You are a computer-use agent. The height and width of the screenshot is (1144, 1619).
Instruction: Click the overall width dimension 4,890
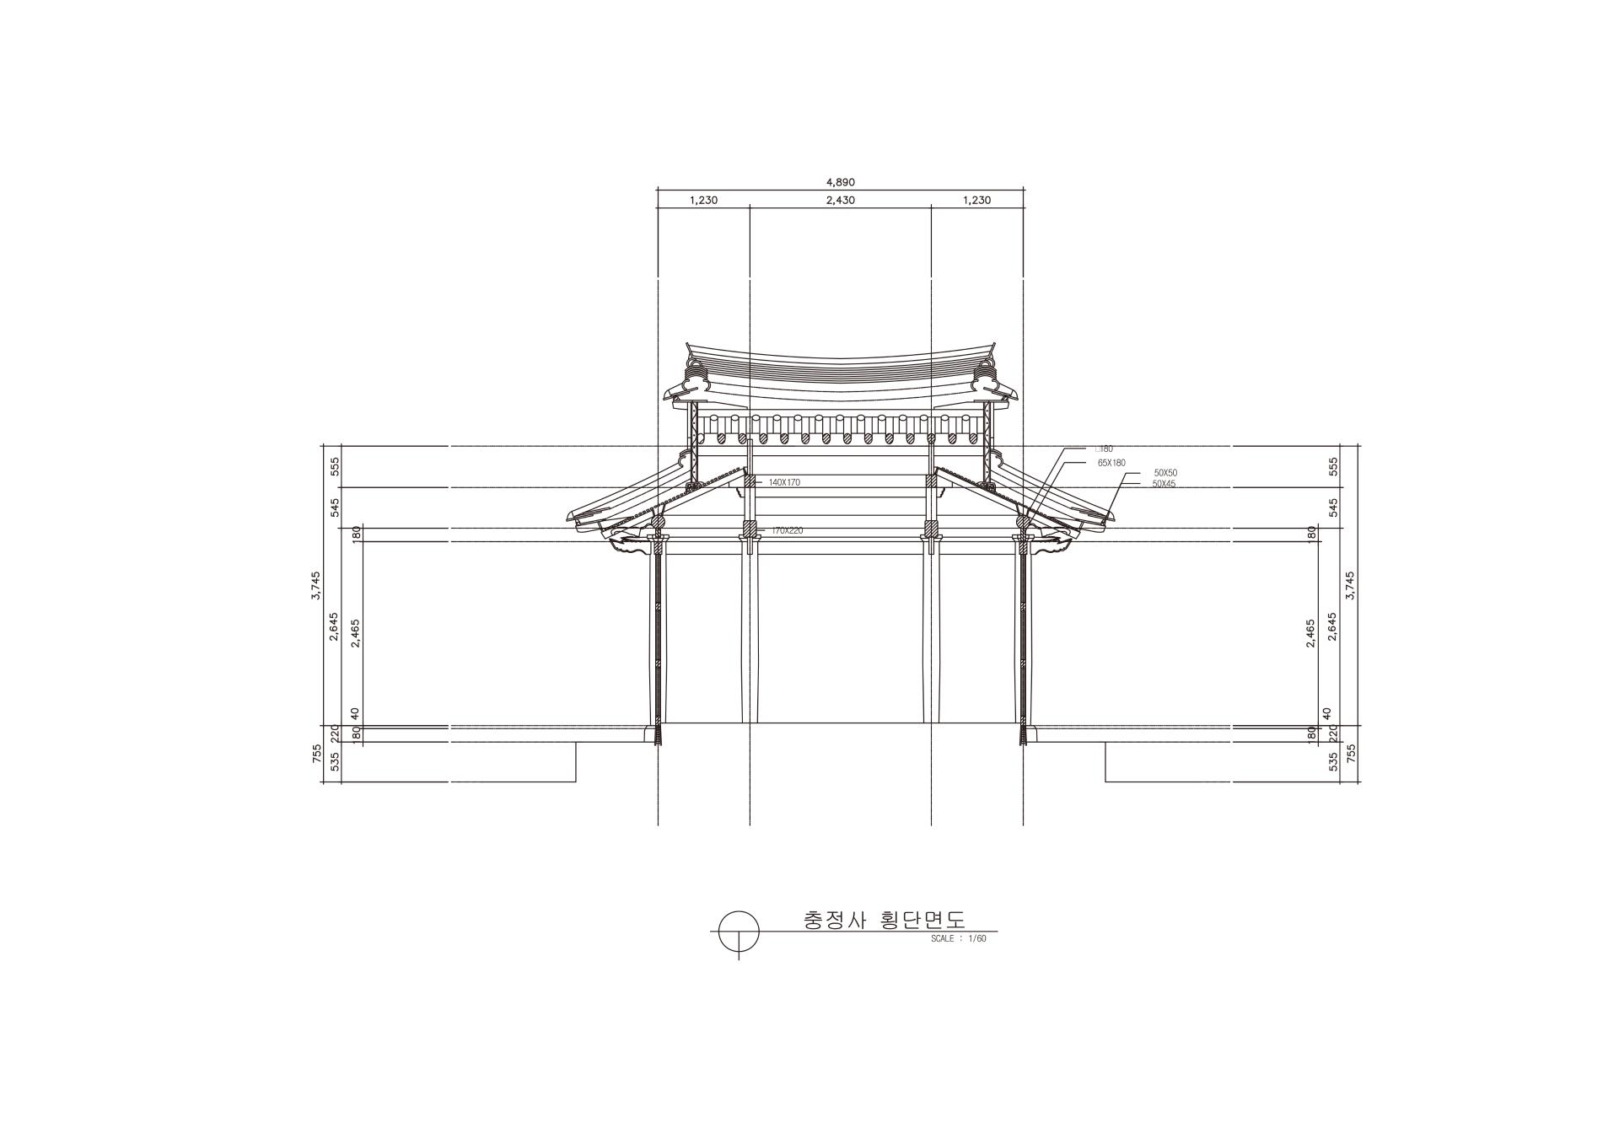840,182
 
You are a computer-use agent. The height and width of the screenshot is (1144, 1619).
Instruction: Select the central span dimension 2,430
840,201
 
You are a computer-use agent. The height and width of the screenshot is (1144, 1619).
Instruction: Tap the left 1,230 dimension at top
703,201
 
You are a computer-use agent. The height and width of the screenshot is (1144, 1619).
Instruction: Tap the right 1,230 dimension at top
976,201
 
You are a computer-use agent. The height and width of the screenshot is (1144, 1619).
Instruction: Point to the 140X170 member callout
784,482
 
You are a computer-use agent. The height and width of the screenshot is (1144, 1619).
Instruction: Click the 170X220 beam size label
787,530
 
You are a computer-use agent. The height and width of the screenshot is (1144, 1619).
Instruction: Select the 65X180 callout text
1111,463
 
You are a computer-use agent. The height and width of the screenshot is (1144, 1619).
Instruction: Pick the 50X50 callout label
1165,473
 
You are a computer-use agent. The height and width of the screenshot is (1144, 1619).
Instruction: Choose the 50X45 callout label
1164,484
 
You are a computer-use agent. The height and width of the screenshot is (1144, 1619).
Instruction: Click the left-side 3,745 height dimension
316,585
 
